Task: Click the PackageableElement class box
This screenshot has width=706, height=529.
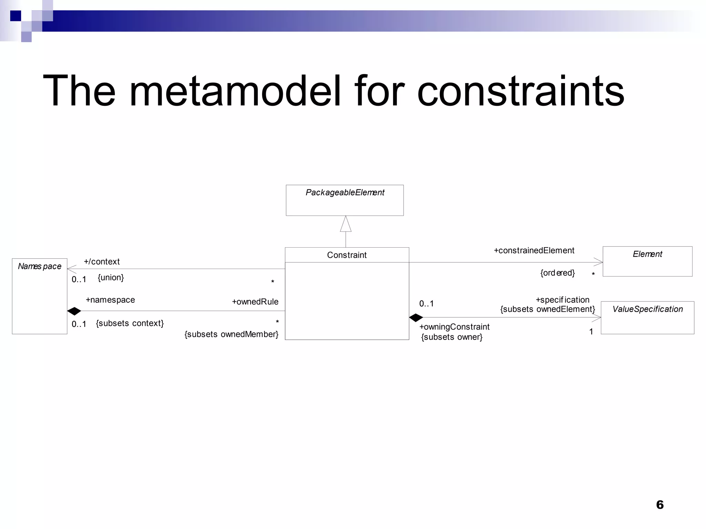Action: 344,200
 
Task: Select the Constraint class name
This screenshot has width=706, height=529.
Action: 347,255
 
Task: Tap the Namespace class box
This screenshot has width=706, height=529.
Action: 40,296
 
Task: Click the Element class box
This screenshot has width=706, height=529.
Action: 647,261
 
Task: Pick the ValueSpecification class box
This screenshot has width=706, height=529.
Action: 647,318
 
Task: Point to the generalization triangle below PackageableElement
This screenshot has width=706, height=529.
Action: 346,225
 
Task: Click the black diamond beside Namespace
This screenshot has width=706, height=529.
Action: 74,311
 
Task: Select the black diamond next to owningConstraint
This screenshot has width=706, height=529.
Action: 416,318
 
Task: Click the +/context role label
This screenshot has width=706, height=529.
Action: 102,262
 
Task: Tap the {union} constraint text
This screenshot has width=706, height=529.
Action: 111,277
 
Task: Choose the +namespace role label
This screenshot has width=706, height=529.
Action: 110,300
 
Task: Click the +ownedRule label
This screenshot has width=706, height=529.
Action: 255,302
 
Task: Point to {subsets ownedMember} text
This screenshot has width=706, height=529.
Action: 231,334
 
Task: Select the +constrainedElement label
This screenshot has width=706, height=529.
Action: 534,251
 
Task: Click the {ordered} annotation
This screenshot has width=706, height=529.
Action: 557,273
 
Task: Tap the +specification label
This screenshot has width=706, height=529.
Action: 563,300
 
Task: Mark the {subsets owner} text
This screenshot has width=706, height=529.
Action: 452,337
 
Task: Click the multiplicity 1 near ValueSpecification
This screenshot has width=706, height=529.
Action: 591,332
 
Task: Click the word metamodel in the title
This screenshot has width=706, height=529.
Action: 235,91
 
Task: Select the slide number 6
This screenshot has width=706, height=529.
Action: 660,505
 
